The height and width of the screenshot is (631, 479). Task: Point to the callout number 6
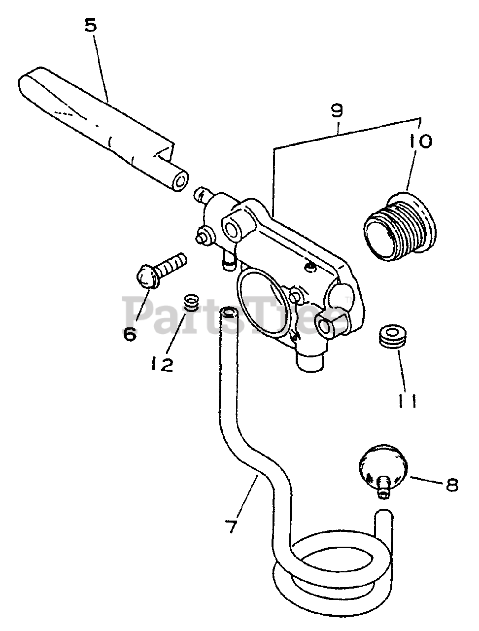[129, 334]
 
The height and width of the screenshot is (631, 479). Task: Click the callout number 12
[163, 365]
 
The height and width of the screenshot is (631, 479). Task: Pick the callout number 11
[408, 401]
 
